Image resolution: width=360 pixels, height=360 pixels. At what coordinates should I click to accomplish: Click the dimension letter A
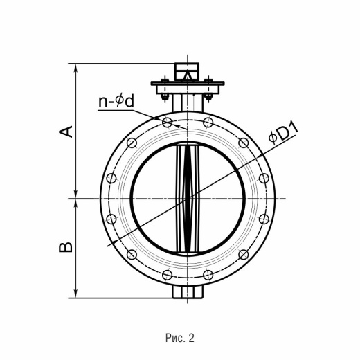[66, 132]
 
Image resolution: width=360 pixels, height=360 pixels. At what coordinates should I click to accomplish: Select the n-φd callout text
[116, 101]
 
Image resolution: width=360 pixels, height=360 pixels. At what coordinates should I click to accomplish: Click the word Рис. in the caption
[175, 338]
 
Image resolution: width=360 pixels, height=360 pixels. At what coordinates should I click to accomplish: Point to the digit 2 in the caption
[192, 338]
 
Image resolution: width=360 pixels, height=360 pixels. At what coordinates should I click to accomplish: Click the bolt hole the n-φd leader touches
[167, 123]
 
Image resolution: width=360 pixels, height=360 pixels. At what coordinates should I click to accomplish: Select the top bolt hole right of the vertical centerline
[208, 123]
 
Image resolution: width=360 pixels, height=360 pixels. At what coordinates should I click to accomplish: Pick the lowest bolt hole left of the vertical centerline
[167, 275]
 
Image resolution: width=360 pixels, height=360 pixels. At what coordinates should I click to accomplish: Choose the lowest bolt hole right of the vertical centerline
[208, 275]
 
